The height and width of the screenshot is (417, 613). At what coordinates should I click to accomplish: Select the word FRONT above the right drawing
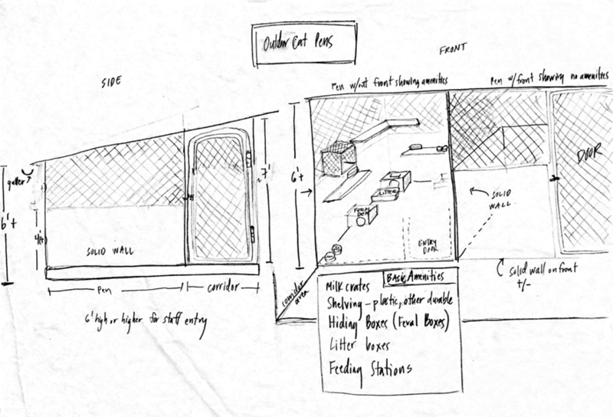[x=451, y=51]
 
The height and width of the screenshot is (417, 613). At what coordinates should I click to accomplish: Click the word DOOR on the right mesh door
[x=590, y=158]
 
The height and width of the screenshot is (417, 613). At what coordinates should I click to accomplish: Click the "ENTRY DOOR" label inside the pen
[x=425, y=245]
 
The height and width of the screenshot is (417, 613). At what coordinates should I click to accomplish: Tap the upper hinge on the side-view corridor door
[x=250, y=160]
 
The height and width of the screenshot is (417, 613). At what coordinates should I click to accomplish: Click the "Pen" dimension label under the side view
[x=113, y=289]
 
